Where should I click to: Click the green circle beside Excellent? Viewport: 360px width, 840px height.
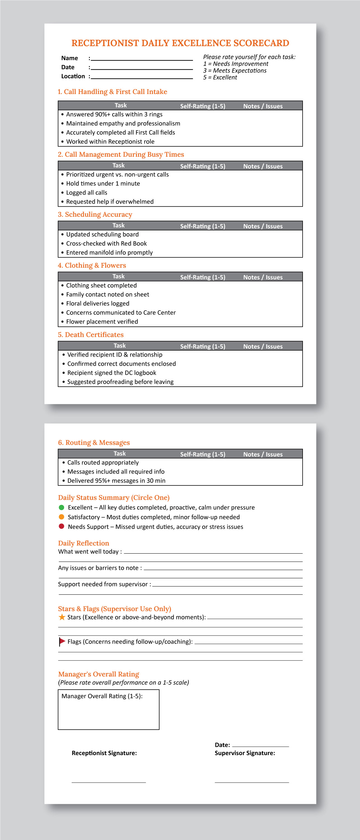(61, 507)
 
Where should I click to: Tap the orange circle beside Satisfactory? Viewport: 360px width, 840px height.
(61, 517)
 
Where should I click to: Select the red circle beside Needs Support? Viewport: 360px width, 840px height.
(61, 526)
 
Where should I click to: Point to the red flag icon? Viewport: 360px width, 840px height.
(62, 641)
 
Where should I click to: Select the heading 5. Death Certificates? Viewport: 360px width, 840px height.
(91, 335)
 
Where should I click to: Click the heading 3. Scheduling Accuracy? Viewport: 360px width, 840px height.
(95, 214)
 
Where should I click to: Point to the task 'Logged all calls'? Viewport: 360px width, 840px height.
(87, 193)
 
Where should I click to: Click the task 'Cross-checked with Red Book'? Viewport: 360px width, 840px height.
(106, 244)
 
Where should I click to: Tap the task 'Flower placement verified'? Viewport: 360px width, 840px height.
(102, 322)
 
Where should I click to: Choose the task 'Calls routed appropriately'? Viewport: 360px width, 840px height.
(103, 463)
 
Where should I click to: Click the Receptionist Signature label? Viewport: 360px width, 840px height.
(104, 753)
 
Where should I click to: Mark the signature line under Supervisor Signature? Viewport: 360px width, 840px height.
(252, 782)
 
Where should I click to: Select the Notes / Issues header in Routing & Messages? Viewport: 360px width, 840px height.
(263, 454)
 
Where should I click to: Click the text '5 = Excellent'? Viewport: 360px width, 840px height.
(220, 77)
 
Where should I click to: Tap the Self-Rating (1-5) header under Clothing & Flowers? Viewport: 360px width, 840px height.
(202, 277)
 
